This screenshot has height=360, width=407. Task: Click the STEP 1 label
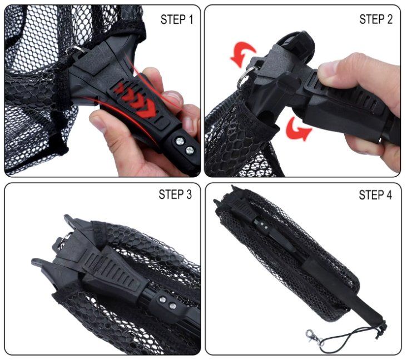(177, 19)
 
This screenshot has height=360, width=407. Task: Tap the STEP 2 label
(376, 19)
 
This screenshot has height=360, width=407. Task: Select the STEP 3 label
(175, 194)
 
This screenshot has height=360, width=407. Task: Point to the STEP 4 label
(375, 195)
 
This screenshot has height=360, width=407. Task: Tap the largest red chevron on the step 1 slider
(146, 111)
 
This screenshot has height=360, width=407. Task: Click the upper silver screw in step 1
(180, 141)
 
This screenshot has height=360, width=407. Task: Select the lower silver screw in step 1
(190, 150)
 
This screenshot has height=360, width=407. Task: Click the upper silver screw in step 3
(162, 300)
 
